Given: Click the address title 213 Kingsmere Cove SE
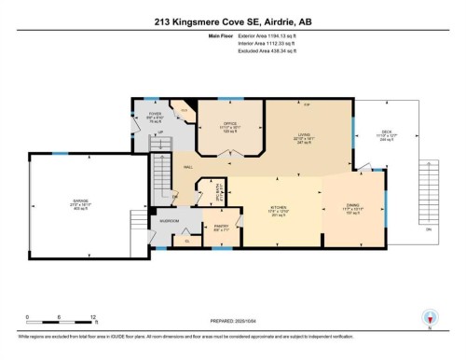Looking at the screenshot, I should click(232, 13).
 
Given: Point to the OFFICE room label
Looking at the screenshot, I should click(228, 124).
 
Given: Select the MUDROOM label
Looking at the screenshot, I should click(169, 221).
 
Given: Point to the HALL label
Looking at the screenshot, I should click(188, 167).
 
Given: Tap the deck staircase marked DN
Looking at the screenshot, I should click(428, 196).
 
